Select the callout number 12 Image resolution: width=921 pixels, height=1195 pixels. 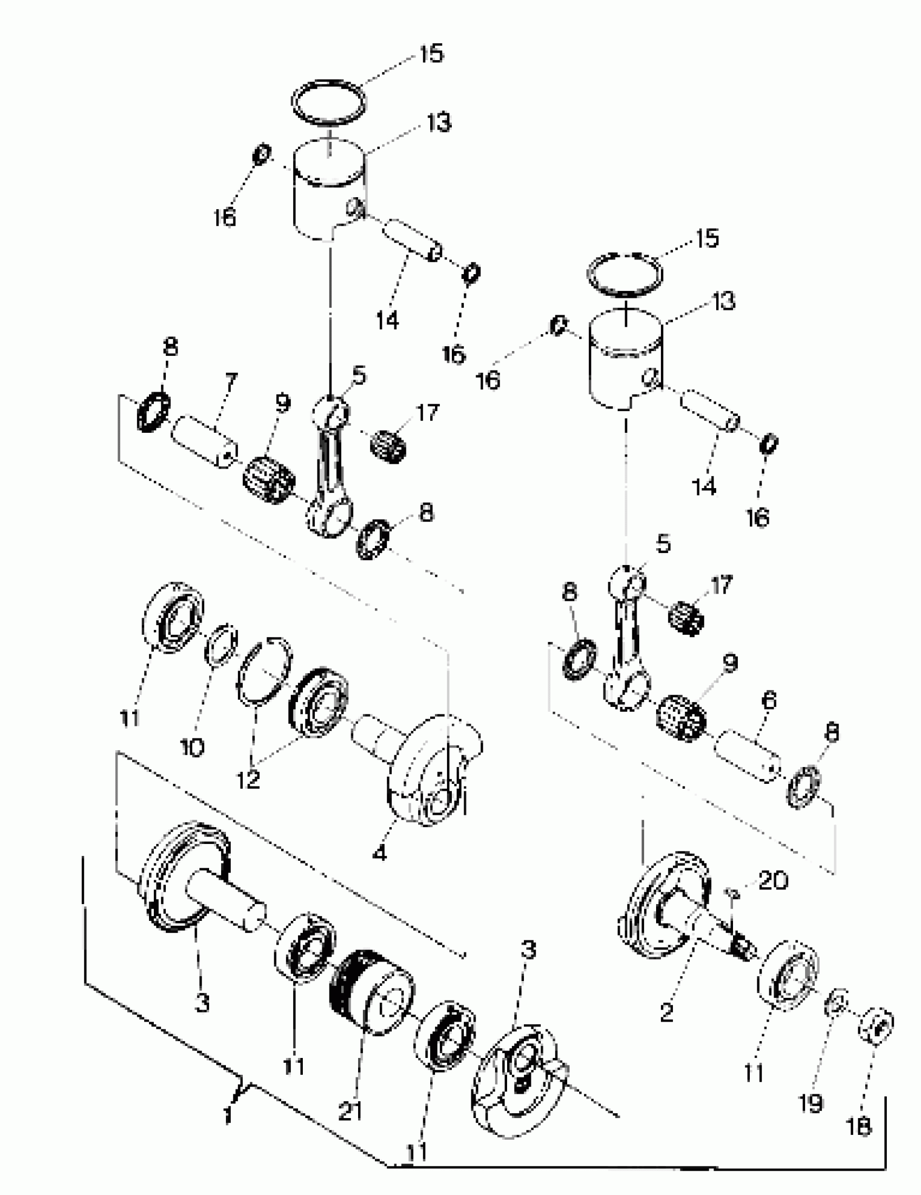[249, 779]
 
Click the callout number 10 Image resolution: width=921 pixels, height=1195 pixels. [193, 746]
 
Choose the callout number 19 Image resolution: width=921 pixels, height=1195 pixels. [810, 1102]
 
